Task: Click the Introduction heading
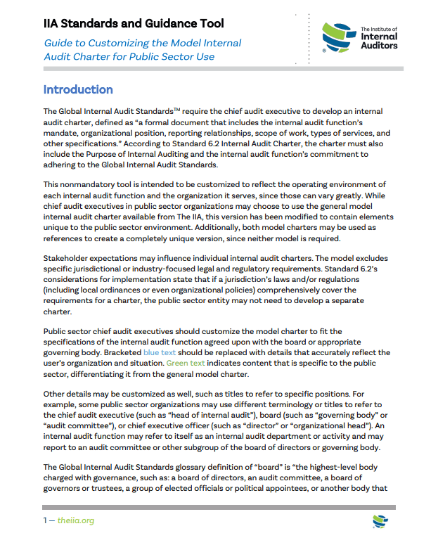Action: pos(78,90)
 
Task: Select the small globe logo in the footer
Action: pos(380,521)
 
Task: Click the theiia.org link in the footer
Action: pos(76,520)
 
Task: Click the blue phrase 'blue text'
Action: pos(161,352)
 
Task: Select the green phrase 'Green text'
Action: pos(186,364)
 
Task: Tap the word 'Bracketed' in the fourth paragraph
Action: pos(122,352)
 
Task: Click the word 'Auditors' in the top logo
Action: pos(379,46)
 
